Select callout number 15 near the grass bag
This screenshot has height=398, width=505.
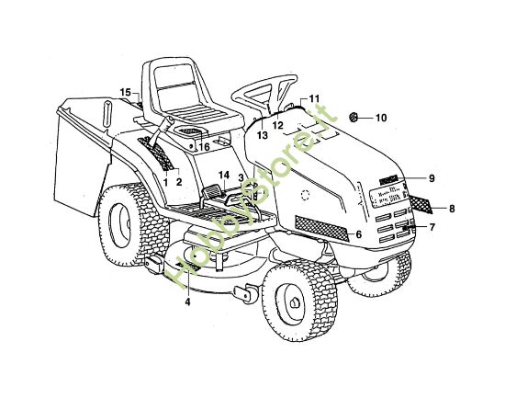click(x=127, y=92)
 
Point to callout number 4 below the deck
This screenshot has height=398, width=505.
click(x=187, y=301)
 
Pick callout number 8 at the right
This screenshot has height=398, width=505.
click(x=452, y=208)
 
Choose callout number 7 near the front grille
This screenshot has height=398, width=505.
click(x=432, y=226)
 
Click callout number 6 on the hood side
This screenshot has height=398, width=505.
click(x=359, y=234)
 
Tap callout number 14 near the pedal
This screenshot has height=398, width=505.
click(x=223, y=175)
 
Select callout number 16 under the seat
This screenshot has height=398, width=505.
click(x=204, y=146)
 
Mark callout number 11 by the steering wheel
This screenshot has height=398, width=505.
click(x=313, y=98)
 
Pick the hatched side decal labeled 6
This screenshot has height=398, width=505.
click(x=320, y=226)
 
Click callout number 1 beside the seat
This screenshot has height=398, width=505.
click(x=165, y=181)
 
